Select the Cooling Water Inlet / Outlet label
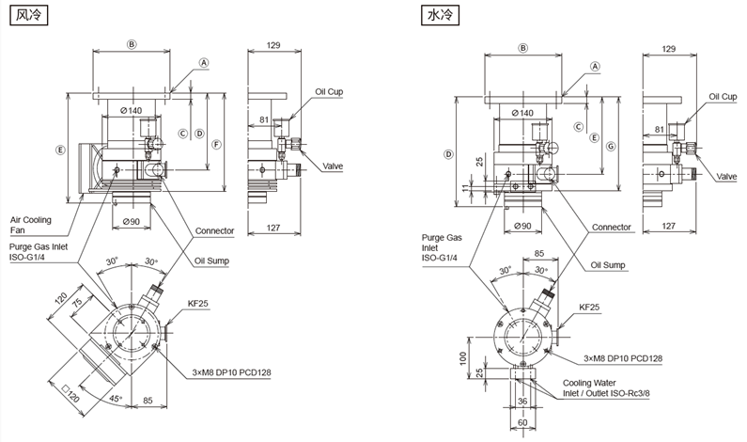pos(603,388)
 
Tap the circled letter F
pos(216,144)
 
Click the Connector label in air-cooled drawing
pos(215,230)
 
